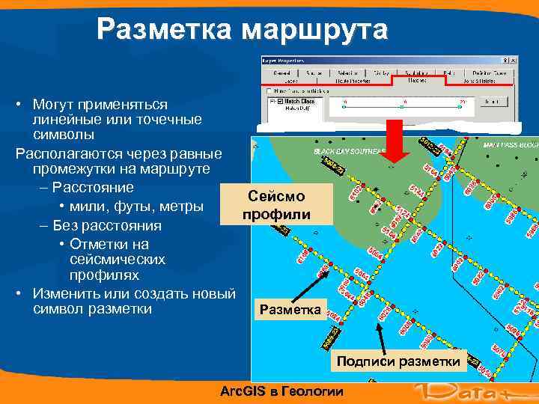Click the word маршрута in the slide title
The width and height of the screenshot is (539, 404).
315,30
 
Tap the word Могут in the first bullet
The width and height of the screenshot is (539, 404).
55,104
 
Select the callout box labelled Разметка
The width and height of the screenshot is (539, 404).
289,309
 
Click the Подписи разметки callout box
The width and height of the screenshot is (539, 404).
398,361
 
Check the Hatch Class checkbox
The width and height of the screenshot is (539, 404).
280,102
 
